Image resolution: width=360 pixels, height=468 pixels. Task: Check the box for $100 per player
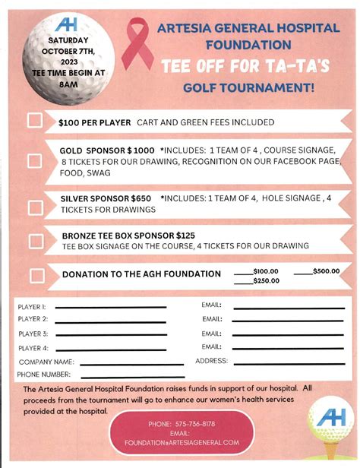[34, 121]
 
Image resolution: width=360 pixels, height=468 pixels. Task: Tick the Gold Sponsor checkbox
[34, 161]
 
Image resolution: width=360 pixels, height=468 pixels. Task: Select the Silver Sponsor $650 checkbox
[34, 205]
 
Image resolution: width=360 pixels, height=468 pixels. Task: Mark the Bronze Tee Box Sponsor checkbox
[34, 241]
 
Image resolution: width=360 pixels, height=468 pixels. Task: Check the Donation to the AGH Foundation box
[34, 274]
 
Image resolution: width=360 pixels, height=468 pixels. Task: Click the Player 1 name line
[110, 307]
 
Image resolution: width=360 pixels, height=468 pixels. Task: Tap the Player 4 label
[33, 348]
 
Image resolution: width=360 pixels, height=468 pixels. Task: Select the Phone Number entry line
[122, 375]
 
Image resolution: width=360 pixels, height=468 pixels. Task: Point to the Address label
[212, 362]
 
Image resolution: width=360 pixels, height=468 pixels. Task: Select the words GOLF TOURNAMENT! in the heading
[248, 87]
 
